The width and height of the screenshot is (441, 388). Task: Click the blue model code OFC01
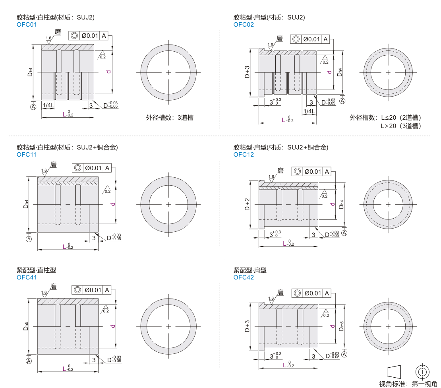coord(27,25)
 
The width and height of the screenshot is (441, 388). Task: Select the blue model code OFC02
coord(244,25)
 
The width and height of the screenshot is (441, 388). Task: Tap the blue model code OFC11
coord(27,155)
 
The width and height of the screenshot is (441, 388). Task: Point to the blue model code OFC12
coord(244,155)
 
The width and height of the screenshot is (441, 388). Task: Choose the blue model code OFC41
coord(27,277)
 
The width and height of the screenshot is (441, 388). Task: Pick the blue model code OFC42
coord(244,277)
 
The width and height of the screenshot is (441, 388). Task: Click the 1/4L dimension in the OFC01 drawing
coord(48,105)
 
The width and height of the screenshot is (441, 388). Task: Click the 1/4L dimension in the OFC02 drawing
coord(309,111)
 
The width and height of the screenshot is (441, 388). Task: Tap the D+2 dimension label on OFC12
coord(247,204)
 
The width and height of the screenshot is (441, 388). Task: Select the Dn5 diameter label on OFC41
coord(26,326)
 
